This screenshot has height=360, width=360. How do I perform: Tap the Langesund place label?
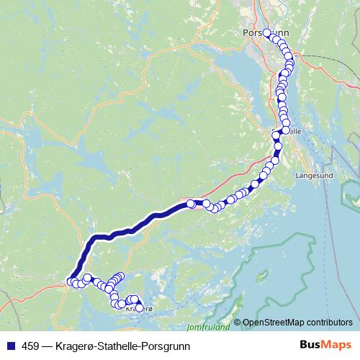click(311, 174)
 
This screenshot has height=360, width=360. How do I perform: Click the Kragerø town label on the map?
click(139, 309)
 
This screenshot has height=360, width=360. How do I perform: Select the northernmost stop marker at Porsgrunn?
click(266, 32)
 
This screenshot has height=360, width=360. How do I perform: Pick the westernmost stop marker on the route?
click(71, 282)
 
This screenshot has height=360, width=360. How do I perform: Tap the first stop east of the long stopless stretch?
click(191, 204)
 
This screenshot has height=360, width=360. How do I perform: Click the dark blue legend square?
click(9, 344)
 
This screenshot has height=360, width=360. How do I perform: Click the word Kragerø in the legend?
click(73, 344)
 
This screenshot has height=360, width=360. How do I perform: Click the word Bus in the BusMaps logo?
click(310, 343)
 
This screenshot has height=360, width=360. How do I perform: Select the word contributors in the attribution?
click(328, 323)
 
